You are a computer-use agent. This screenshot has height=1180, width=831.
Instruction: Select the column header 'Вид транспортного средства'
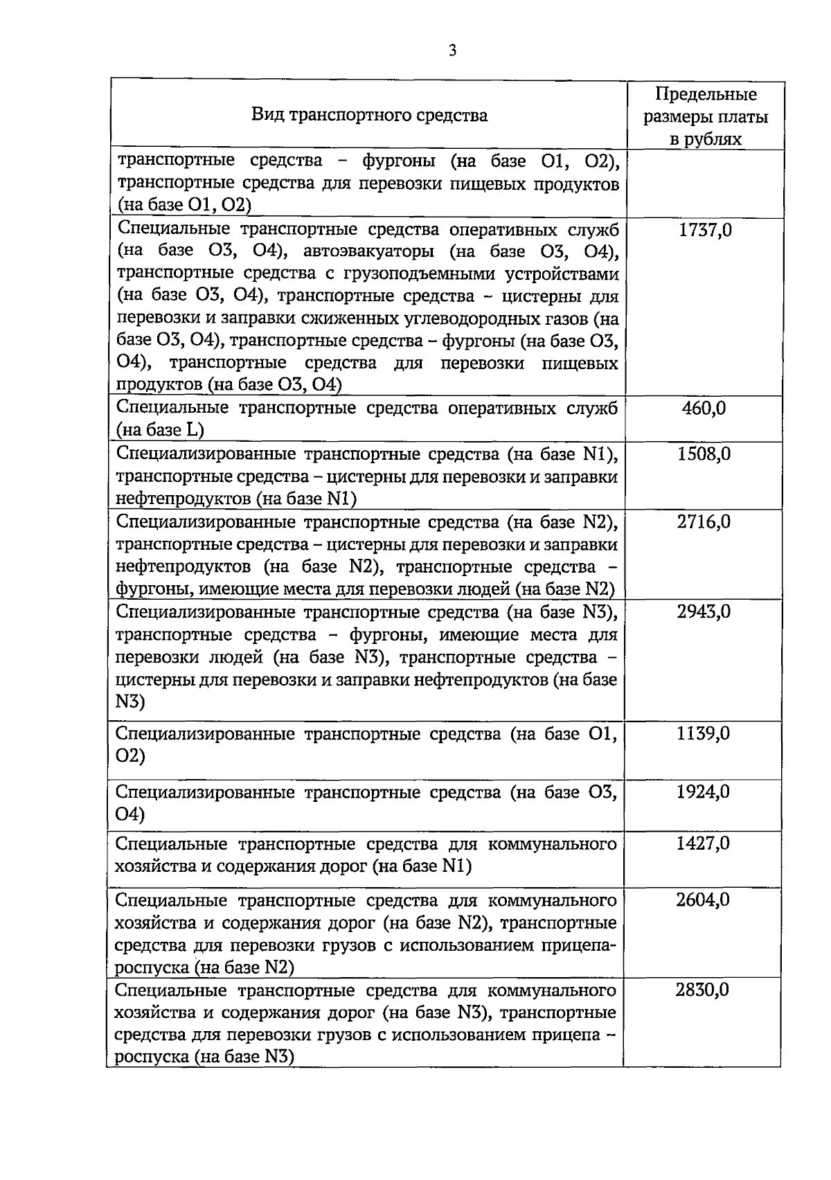click(x=369, y=114)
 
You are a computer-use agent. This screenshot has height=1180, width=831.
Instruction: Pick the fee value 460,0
click(x=704, y=408)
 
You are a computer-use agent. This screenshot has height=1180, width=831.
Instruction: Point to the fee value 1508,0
click(x=704, y=454)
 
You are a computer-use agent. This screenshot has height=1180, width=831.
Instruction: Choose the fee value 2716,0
click(x=704, y=521)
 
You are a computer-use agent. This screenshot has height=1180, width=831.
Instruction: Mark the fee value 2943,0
click(x=704, y=611)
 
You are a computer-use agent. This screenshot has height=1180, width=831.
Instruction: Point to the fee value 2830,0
click(x=702, y=990)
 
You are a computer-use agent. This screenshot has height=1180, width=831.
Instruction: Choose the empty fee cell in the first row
click(x=705, y=184)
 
